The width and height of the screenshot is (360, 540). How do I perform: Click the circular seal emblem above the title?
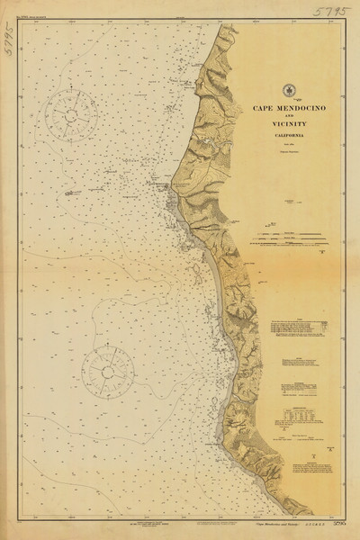(290, 89)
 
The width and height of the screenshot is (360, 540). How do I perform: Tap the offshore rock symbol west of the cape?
(70, 192)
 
